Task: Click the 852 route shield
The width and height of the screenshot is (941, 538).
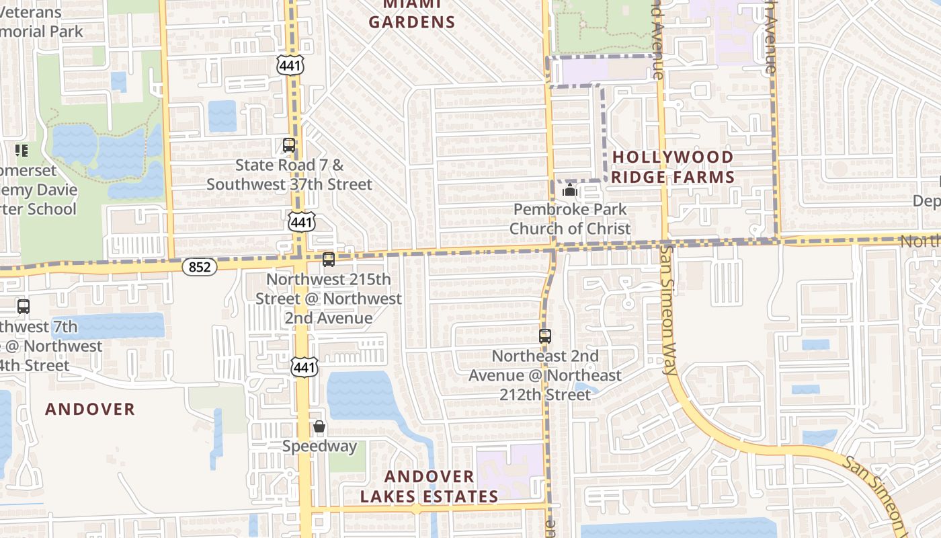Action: pos(200,267)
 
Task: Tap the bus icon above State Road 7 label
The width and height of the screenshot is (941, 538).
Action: pos(289,145)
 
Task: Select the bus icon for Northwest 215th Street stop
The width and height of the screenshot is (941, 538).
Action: pos(329,260)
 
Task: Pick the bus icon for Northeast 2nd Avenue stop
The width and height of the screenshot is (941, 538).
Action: pos(545,336)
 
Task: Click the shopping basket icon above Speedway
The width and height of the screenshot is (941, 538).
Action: pos(319,426)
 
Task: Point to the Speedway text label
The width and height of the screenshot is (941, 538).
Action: pos(319,446)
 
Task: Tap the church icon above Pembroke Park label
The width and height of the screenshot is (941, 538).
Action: pos(570,190)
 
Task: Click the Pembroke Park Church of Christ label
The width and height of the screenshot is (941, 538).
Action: pos(570,219)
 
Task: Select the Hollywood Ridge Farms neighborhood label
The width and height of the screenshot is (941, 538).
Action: pos(673,167)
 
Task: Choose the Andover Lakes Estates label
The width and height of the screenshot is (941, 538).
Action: pos(429,486)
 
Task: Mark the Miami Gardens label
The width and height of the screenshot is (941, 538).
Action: pos(412,13)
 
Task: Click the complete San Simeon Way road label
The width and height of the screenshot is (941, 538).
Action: pos(668,309)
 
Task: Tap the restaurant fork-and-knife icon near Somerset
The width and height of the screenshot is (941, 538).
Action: pos(22,150)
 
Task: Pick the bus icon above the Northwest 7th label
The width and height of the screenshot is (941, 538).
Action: pos(24,307)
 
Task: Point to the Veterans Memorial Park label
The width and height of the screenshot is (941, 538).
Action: pos(40,22)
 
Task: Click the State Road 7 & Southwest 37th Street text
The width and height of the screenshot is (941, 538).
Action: pos(289,174)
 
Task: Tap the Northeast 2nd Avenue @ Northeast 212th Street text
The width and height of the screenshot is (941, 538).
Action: pos(545,375)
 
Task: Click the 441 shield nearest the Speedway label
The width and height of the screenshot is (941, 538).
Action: pos(304,367)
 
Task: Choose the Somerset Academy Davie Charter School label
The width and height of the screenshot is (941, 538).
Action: pos(37,190)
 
